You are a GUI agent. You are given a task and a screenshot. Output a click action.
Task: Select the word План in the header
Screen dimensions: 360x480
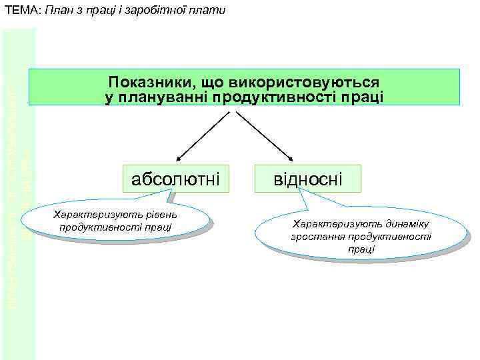(x=61, y=10)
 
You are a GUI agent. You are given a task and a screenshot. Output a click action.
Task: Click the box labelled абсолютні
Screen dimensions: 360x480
(x=176, y=179)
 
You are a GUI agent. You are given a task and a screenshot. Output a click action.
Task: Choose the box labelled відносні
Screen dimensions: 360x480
(x=308, y=179)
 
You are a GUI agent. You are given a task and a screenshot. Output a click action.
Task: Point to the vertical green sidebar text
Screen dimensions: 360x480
(x=19, y=200)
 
